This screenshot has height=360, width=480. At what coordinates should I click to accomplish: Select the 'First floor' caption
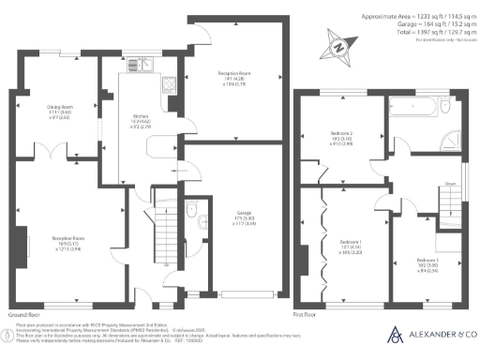click(308, 316)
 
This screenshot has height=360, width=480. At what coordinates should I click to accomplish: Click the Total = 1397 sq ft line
click(412, 33)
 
